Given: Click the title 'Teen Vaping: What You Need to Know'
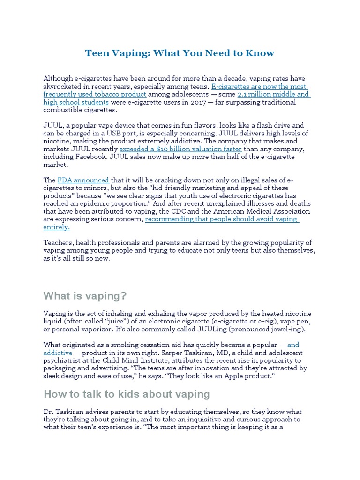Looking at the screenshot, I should coord(180,53).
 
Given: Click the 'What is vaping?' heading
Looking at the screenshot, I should coord(85,296).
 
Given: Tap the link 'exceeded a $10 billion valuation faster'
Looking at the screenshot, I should coord(180,149).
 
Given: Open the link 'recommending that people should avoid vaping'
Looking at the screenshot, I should coord(222,219).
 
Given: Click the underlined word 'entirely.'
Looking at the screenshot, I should coord(57,227).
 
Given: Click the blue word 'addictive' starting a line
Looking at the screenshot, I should coord(58,352).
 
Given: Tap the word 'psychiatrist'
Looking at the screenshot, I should coord(62,360).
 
